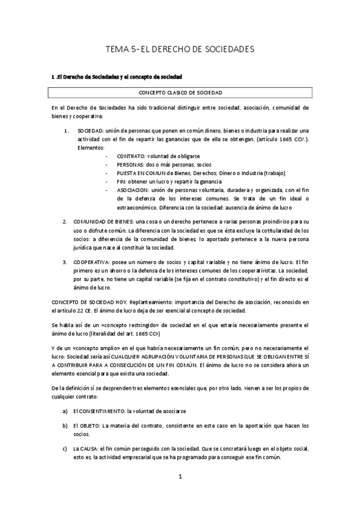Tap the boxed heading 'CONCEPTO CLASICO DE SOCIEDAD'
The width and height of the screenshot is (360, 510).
click(180, 93)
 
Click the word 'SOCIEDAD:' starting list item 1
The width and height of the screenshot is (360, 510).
click(90, 131)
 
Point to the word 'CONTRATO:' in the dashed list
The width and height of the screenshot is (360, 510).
click(122, 156)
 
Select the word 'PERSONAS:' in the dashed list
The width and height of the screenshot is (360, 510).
click(121, 164)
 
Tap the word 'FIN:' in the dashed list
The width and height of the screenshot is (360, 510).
click(113, 181)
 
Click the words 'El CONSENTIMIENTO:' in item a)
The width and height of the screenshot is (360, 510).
click(99, 410)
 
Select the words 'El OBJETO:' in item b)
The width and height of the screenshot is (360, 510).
click(86, 426)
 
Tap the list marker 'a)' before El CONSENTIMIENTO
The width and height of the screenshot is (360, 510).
click(65, 410)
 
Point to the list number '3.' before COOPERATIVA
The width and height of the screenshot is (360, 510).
click(65, 263)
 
